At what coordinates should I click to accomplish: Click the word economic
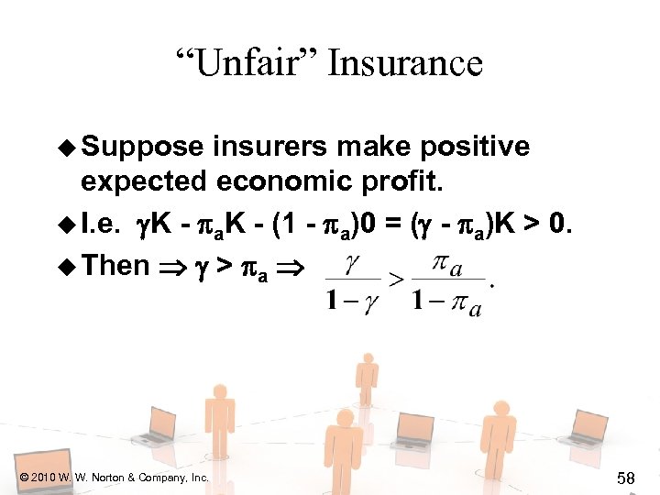click(275, 181)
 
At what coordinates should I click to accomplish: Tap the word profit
click(402, 181)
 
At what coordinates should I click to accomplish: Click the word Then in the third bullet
click(115, 266)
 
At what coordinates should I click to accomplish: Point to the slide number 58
click(626, 478)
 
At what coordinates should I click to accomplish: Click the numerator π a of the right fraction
click(446, 266)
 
